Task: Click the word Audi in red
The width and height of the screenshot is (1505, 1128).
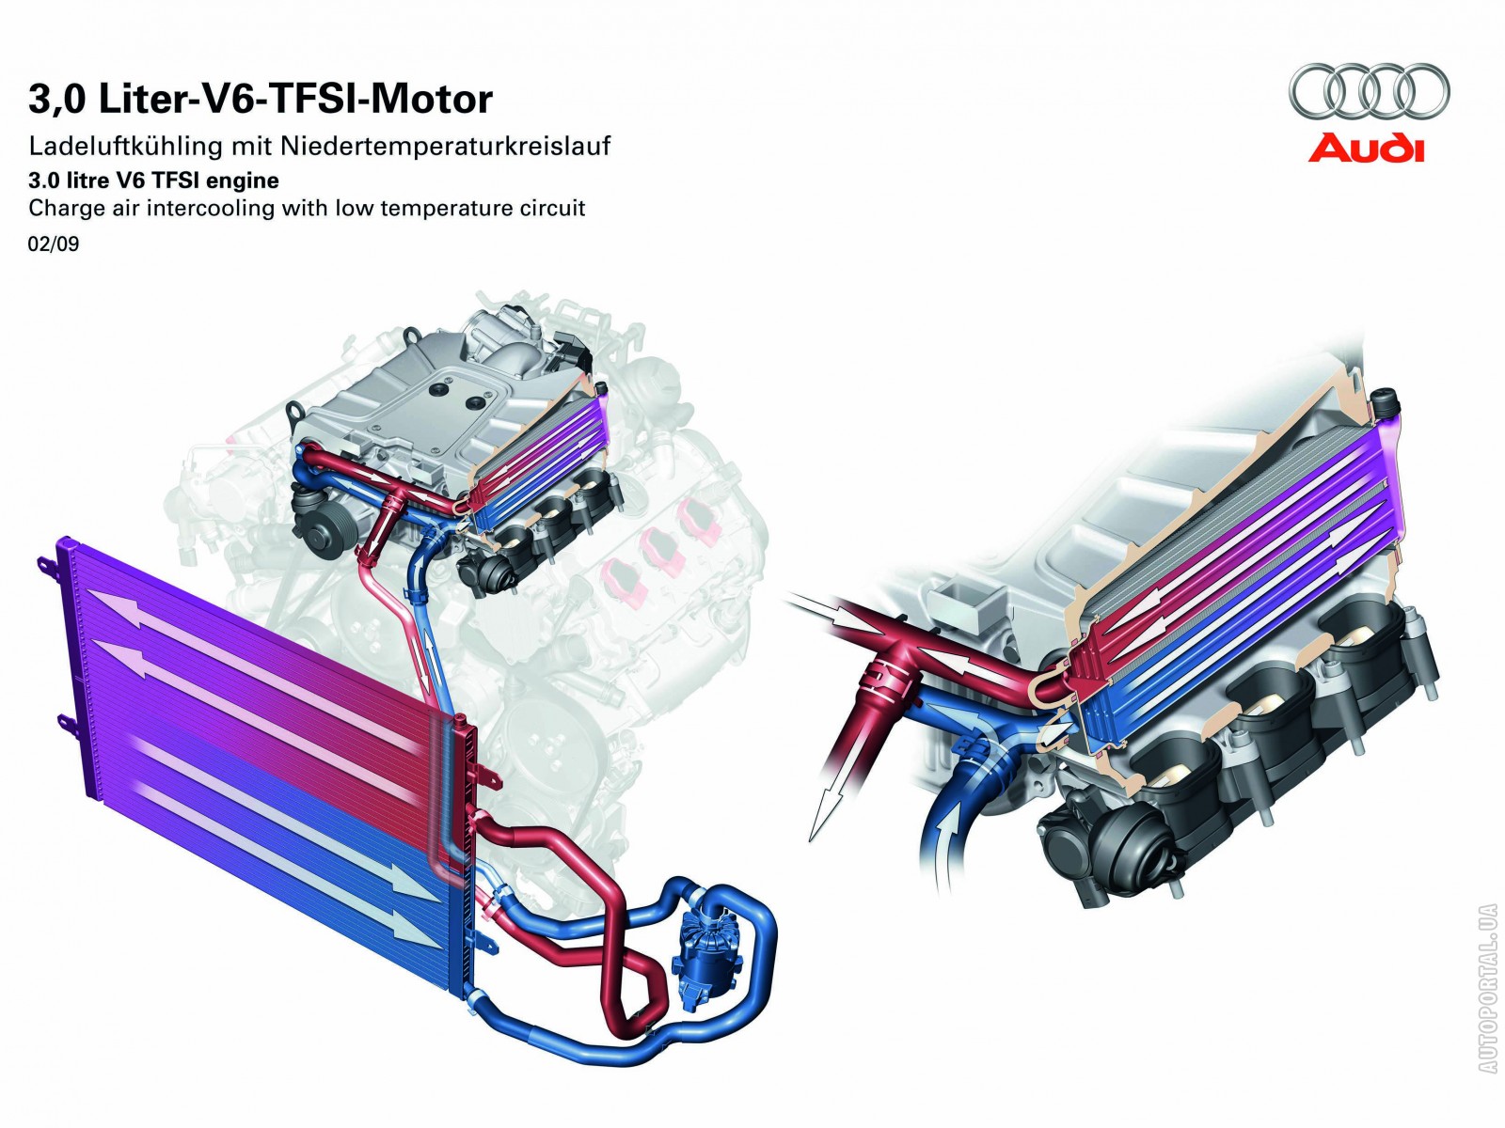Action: click(1366, 148)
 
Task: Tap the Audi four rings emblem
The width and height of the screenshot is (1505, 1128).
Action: click(1370, 93)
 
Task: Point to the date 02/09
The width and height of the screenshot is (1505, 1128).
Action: click(54, 244)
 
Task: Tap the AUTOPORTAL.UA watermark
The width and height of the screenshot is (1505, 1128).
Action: click(1487, 987)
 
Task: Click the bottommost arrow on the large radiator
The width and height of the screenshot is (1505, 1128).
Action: click(282, 855)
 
